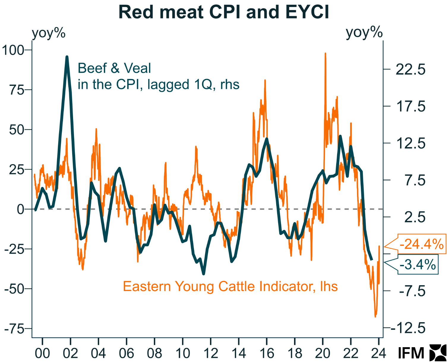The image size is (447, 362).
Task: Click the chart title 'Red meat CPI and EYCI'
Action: [x=224, y=12]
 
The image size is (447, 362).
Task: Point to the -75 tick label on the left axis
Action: [x=14, y=329]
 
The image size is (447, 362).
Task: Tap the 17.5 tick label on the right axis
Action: [x=411, y=107]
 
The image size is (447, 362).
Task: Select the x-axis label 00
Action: [x=42, y=353]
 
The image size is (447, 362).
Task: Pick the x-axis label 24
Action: [x=379, y=353]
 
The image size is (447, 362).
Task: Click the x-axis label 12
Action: [x=211, y=353]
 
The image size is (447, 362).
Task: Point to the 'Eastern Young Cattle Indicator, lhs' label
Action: [x=230, y=287]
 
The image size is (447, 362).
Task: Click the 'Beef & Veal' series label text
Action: [x=114, y=68]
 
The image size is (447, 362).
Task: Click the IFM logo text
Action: [x=411, y=353]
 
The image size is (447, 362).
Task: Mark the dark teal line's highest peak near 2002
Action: [x=67, y=56]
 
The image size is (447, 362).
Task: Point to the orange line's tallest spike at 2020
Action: [x=326, y=53]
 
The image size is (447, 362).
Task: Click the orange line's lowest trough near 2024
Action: [x=375, y=317]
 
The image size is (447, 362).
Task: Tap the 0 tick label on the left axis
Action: [x=20, y=209]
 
